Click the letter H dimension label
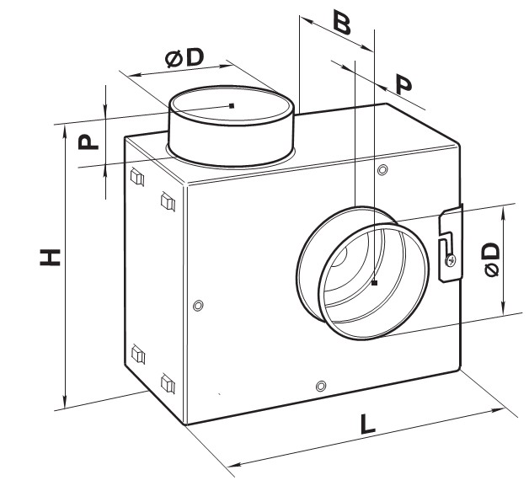(x=50, y=258)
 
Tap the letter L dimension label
(x=368, y=424)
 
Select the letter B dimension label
(x=342, y=22)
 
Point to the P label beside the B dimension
(x=403, y=85)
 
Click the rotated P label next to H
(x=88, y=141)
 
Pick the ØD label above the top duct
(x=184, y=57)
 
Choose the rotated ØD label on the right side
(x=492, y=259)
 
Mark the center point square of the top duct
(x=232, y=106)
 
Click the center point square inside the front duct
(x=374, y=283)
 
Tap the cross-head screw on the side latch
(x=451, y=260)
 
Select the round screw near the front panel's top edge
(x=382, y=169)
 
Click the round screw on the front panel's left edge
(x=198, y=306)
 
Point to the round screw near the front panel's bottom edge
(x=321, y=386)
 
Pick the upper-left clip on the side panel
(x=137, y=177)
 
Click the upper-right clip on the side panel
(x=168, y=201)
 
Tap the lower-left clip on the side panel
(x=138, y=354)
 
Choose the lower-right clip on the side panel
(x=168, y=383)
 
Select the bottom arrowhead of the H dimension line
(x=65, y=401)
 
